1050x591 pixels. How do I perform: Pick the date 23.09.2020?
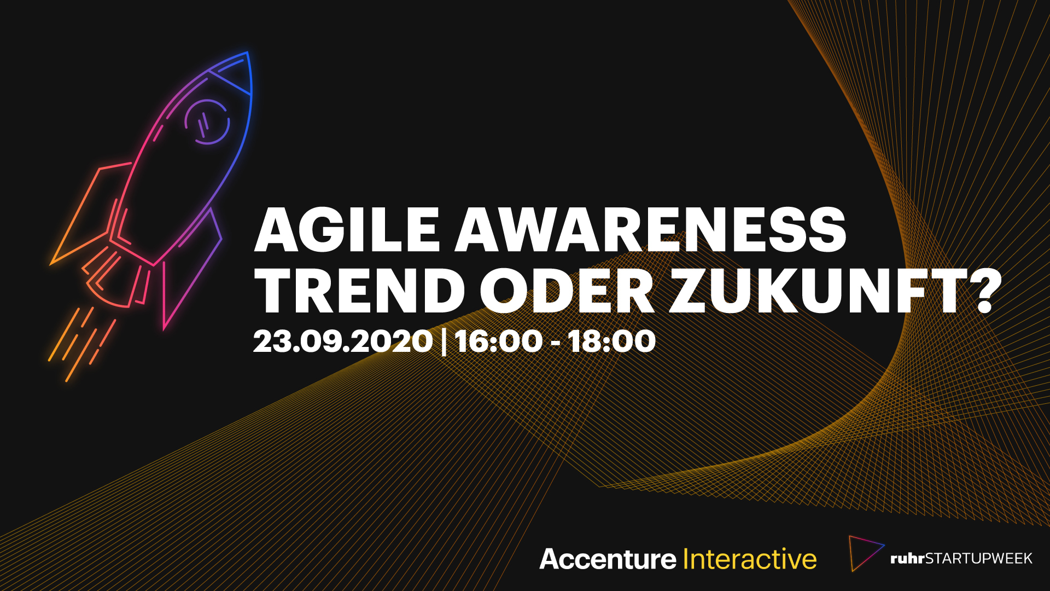pyautogui.click(x=343, y=341)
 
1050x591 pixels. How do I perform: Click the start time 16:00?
pyautogui.click(x=498, y=341)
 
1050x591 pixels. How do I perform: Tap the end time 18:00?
pyautogui.click(x=611, y=341)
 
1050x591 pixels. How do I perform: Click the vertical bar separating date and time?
pyautogui.click(x=444, y=341)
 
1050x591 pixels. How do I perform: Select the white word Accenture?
pyautogui.click(x=608, y=559)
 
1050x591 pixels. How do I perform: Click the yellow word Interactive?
pyautogui.click(x=750, y=559)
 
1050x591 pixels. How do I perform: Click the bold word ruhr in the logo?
pyautogui.click(x=907, y=559)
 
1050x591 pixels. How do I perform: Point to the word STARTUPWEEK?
pyautogui.click(x=978, y=559)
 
